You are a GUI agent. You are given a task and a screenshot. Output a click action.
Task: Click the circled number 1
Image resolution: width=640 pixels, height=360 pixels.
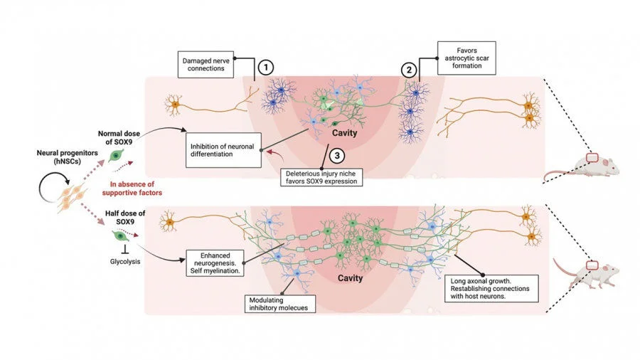tap(265, 68)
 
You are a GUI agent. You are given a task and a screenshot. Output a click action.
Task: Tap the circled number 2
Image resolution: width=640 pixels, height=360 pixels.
tap(407, 70)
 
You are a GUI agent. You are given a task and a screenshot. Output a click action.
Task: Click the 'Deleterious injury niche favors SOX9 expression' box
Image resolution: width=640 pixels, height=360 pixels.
tap(321, 176)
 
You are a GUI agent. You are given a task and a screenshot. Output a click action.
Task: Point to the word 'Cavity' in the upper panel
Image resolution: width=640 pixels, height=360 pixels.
tap(344, 132)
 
